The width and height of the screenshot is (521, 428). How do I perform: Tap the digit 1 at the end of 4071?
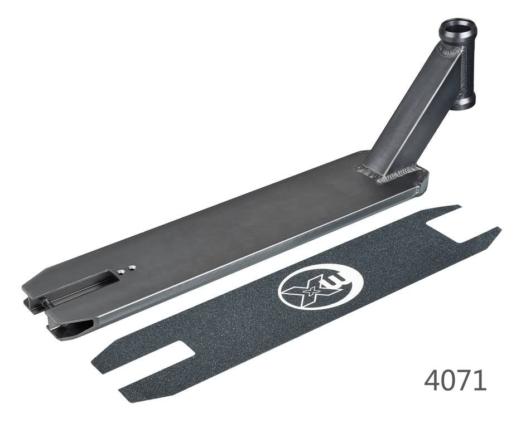pyautogui.click(x=480, y=380)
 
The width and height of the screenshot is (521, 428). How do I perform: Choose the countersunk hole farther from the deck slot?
pyautogui.click(x=132, y=268)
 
